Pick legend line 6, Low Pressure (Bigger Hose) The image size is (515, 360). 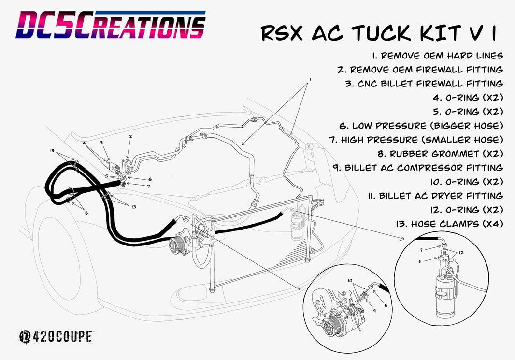tap(421, 126)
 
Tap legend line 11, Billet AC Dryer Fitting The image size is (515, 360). tap(434, 196)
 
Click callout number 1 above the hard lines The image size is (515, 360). tap(310, 79)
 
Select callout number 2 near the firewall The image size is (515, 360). tap(130, 136)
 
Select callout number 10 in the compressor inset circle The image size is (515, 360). tap(349, 280)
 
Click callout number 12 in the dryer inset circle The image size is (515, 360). tap(461, 253)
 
